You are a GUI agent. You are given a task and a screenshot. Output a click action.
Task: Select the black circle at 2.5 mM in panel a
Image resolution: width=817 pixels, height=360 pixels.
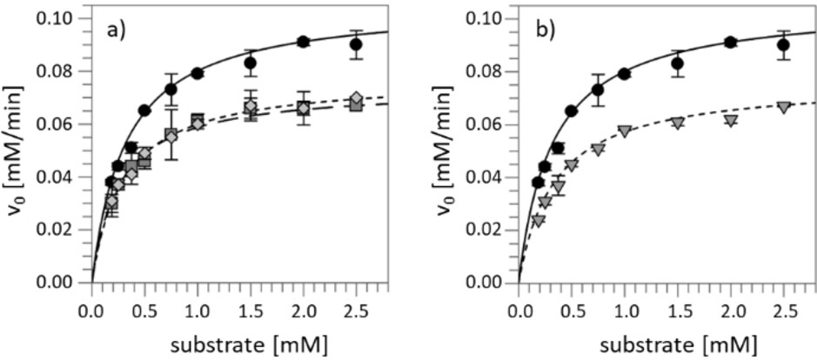click(x=356, y=44)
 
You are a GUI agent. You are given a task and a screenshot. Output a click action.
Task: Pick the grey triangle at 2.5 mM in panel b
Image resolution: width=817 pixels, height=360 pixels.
click(x=784, y=107)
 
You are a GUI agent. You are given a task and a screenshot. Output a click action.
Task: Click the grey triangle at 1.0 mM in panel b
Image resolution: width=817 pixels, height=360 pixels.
click(x=624, y=131)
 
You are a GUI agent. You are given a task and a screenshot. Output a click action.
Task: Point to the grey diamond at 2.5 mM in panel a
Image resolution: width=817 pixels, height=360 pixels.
click(x=357, y=97)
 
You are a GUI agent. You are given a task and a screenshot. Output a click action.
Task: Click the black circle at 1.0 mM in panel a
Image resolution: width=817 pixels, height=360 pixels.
click(x=198, y=73)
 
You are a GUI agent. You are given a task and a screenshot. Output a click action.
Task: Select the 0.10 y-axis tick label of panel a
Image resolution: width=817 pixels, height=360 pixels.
click(x=59, y=18)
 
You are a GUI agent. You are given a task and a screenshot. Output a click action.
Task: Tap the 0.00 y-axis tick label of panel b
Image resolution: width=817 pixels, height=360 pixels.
click(x=486, y=283)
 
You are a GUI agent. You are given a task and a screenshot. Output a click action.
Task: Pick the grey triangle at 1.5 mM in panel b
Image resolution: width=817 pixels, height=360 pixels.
click(x=677, y=123)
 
